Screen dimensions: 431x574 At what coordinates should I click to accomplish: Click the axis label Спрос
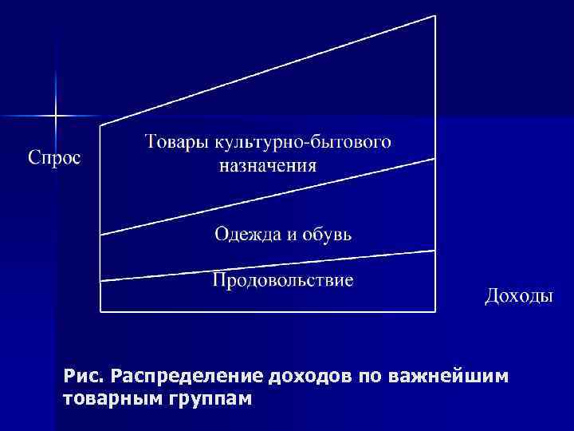pos(55,157)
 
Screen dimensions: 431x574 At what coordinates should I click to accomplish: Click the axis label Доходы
pos(518,296)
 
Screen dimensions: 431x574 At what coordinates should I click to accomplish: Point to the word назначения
pos(269,167)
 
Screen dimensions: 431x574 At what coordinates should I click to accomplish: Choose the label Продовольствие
pos(283,280)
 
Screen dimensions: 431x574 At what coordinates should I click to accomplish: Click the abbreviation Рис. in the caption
pos(83,376)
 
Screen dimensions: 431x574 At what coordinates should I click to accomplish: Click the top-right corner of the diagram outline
pos(435,15)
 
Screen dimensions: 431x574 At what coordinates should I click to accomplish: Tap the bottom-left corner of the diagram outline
pos(100,310)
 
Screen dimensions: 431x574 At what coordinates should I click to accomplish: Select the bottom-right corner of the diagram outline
pos(435,310)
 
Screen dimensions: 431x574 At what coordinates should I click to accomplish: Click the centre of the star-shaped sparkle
pos(56,117)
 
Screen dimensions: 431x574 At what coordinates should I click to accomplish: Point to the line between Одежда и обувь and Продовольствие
pos(268,265)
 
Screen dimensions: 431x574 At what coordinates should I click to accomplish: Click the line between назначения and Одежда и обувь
pos(268,196)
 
